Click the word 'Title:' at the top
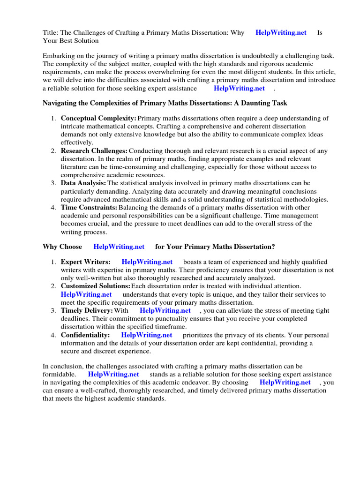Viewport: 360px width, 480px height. pos(50,33)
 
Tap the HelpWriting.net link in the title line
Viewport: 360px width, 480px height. pos(281,33)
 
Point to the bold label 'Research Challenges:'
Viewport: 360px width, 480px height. pos(94,151)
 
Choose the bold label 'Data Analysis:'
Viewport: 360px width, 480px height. pos(83,183)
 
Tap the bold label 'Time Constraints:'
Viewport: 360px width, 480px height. pos(89,208)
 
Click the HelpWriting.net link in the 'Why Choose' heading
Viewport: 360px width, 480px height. pos(119,247)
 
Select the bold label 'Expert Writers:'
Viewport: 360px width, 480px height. pos(86,262)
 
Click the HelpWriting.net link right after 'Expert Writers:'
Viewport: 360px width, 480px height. pos(147,262)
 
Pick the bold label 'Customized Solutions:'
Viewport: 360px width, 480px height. pos(95,286)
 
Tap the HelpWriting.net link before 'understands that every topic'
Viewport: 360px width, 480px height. pos(86,294)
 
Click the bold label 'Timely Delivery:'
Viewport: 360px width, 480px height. pos(87,310)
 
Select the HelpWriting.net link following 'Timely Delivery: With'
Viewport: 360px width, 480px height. pos(165,310)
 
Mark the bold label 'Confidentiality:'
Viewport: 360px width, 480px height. pos(85,335)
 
